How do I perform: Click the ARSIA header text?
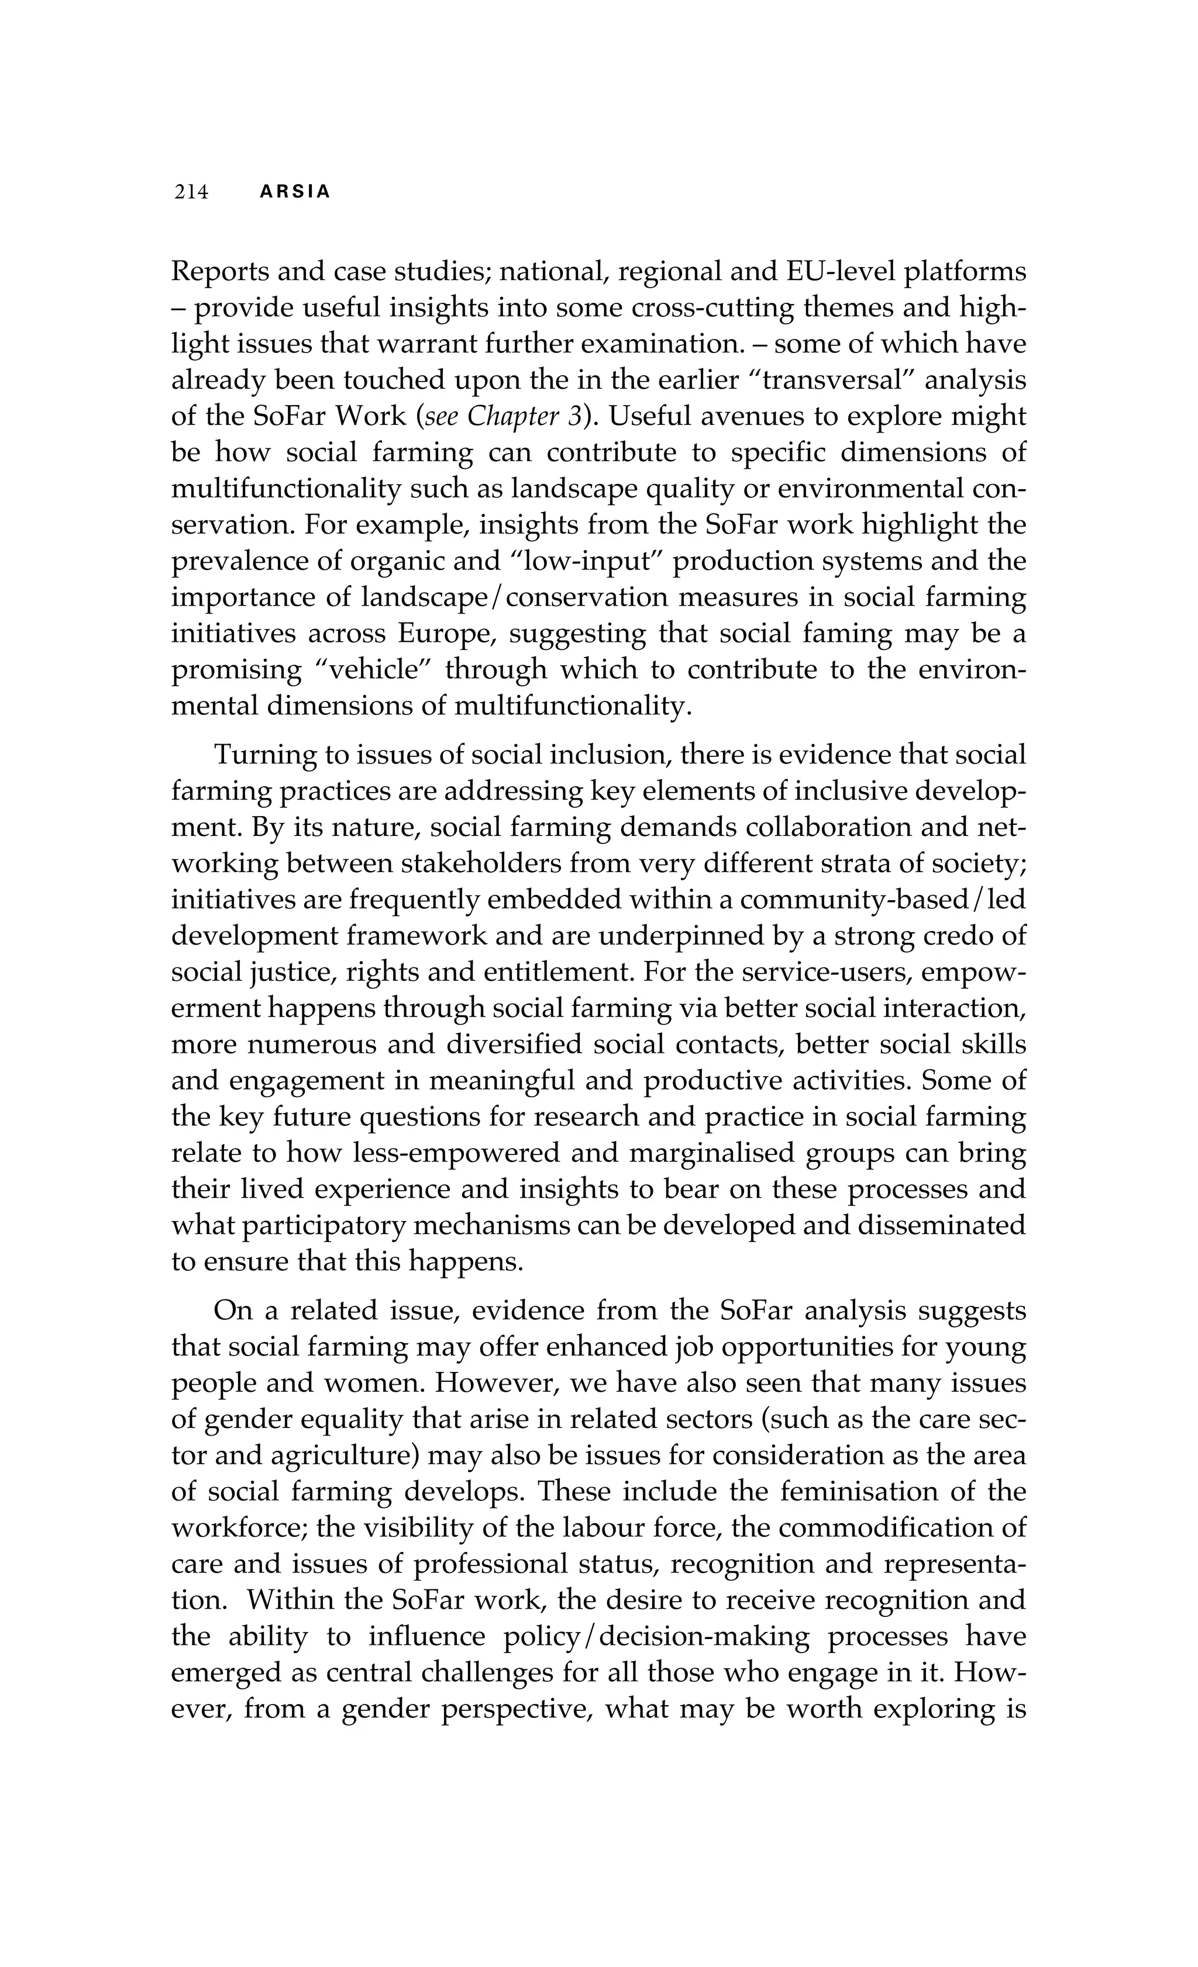pyautogui.click(x=295, y=192)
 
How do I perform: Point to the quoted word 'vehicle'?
pyautogui.click(x=374, y=669)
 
